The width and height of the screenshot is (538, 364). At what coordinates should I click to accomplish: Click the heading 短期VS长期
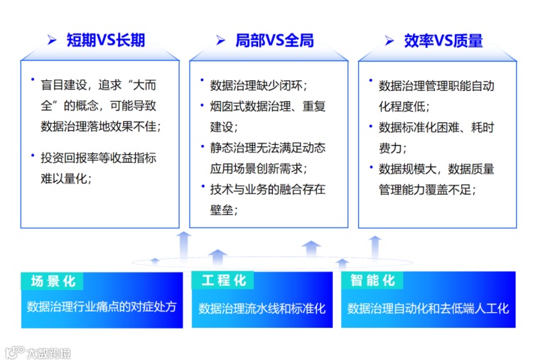(105, 41)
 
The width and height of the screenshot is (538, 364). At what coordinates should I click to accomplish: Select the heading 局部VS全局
(274, 41)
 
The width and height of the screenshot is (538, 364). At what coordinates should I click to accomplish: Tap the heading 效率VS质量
(443, 41)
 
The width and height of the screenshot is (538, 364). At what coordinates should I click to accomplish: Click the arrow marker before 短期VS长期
(52, 41)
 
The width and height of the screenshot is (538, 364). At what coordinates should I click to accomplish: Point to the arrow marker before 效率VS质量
(389, 41)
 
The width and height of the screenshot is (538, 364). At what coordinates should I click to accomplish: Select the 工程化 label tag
(224, 281)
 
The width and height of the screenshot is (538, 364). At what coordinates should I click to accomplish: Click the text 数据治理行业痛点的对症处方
(101, 308)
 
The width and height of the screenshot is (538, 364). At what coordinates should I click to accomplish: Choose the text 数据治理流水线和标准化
(262, 309)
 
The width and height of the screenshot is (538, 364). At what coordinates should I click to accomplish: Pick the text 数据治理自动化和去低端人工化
(428, 309)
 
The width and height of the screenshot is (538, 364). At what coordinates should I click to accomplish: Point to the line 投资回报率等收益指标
(98, 158)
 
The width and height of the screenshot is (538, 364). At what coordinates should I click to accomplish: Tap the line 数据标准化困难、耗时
(436, 127)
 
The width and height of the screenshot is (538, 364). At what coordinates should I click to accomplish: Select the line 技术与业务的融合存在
(267, 189)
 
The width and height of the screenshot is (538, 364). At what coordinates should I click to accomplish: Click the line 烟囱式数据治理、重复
(267, 107)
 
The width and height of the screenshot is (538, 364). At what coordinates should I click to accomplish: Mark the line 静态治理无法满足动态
(267, 148)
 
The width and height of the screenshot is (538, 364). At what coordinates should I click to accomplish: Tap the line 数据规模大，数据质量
(436, 168)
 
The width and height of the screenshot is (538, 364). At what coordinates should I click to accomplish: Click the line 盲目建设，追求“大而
(98, 86)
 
